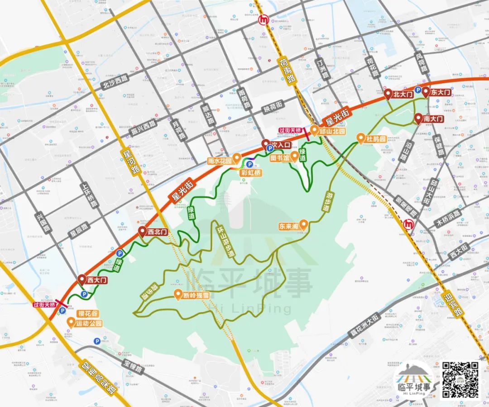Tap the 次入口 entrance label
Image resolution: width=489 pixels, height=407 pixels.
tap(280, 145)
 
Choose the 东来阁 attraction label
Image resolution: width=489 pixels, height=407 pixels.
tap(288, 225)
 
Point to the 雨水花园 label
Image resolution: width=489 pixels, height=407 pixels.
tap(220, 161)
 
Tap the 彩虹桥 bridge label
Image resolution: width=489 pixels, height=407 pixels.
tap(251, 173)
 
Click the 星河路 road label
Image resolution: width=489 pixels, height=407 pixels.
tap(129, 163)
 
